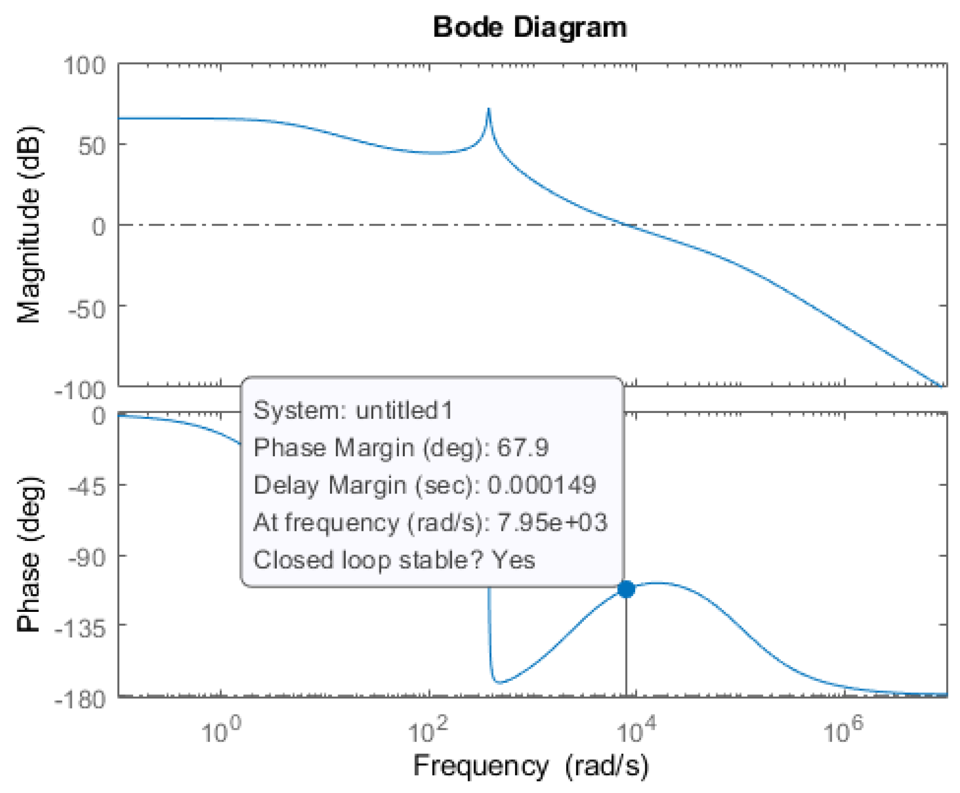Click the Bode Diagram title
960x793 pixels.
529,27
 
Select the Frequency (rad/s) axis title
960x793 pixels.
530,765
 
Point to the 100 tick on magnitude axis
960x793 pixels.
84,65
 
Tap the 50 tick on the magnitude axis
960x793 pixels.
91,146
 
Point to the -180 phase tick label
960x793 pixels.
80,700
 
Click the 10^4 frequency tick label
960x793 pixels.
636,730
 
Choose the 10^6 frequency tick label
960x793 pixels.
843,730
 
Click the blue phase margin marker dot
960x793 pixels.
626,589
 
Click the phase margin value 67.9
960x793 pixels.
522,448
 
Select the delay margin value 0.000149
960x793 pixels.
541,485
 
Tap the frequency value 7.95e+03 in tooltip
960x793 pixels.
552,522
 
